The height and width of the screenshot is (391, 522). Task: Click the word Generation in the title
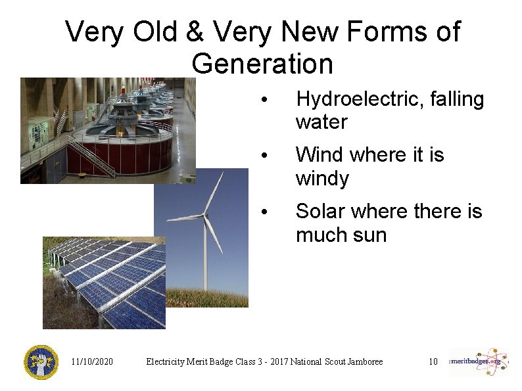click(x=262, y=64)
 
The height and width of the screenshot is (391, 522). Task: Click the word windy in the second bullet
click(x=322, y=179)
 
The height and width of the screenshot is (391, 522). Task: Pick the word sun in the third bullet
click(x=370, y=235)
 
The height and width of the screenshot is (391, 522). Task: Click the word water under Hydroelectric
click(x=321, y=122)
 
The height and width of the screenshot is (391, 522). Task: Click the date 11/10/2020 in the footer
click(x=92, y=361)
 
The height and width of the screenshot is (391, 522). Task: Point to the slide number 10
click(x=433, y=361)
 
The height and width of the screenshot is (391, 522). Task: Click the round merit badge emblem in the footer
click(x=41, y=362)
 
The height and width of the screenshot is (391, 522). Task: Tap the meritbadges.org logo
click(x=479, y=361)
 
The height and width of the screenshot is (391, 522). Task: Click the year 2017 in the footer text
click(x=277, y=361)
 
